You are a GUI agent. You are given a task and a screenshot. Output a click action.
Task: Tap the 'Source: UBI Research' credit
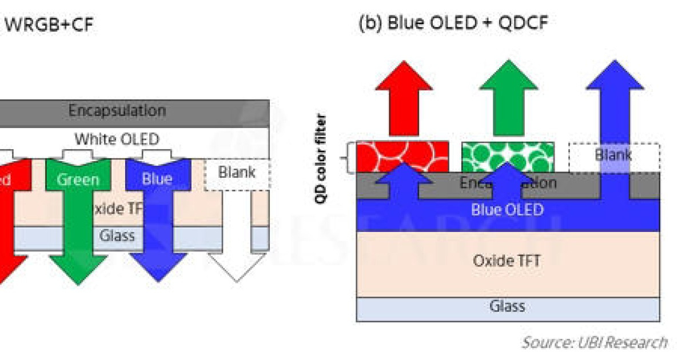(594, 342)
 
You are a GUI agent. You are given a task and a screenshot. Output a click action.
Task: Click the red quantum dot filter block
(402, 156)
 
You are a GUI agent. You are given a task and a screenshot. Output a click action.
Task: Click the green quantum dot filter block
(507, 156)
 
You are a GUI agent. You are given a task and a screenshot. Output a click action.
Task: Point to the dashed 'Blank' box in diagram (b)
(614, 155)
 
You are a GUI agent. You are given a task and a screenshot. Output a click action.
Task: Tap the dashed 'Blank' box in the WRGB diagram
(236, 173)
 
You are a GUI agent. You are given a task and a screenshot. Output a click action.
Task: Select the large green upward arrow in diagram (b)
(508, 91)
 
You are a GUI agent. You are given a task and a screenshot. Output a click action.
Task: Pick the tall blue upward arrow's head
(615, 76)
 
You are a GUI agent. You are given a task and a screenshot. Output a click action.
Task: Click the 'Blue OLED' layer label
(507, 210)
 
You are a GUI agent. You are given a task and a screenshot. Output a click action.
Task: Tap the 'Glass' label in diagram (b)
(507, 306)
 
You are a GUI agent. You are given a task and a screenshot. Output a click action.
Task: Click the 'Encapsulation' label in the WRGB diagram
(117, 110)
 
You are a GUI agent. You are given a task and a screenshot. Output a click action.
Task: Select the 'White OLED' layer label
(117, 139)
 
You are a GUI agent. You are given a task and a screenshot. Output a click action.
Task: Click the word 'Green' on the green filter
(78, 180)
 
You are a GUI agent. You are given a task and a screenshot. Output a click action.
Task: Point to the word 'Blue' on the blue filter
(157, 179)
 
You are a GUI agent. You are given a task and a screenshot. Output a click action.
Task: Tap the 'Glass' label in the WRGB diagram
(117, 235)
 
